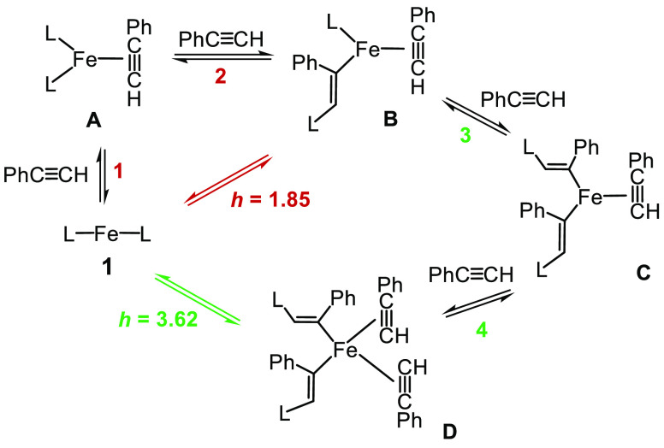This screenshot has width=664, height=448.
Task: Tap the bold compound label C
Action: pyautogui.click(x=644, y=274)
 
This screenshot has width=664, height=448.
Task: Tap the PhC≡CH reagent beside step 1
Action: pyautogui.click(x=45, y=175)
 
